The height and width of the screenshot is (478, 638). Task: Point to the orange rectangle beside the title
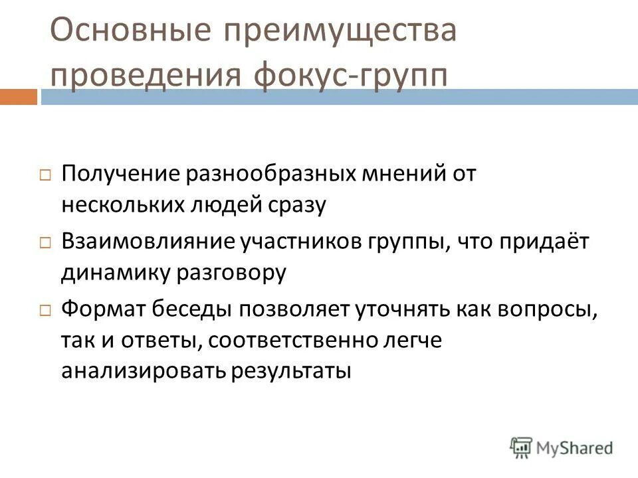point(18,97)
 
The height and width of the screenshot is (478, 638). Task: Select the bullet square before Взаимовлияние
point(45,243)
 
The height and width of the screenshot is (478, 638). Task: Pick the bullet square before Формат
point(45,309)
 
